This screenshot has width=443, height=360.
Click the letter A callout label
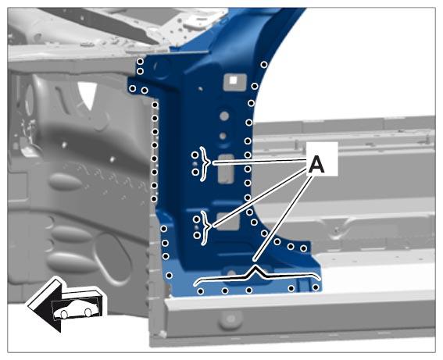[x=316, y=165]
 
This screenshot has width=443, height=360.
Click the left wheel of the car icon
[x=64, y=314]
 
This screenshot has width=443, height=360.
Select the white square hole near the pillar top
[x=233, y=80]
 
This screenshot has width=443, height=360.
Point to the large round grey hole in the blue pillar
[x=224, y=116]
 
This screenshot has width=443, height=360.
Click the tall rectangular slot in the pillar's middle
[x=226, y=169]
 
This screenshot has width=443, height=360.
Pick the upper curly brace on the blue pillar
[x=205, y=164]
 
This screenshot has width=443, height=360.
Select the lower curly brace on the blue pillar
[x=206, y=227]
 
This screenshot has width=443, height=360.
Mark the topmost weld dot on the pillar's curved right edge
[x=264, y=65]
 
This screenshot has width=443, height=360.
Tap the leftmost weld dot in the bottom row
[x=201, y=291]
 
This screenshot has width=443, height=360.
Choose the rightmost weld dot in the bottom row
[x=316, y=287]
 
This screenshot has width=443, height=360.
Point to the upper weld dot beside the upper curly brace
[x=195, y=155]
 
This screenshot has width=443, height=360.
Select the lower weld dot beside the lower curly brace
[x=197, y=235]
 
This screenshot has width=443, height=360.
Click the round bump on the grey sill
[x=231, y=319]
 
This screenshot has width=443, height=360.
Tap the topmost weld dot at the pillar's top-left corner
[x=140, y=61]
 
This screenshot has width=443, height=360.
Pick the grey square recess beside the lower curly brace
[x=228, y=221]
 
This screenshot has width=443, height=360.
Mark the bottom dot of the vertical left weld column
[x=154, y=199]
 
